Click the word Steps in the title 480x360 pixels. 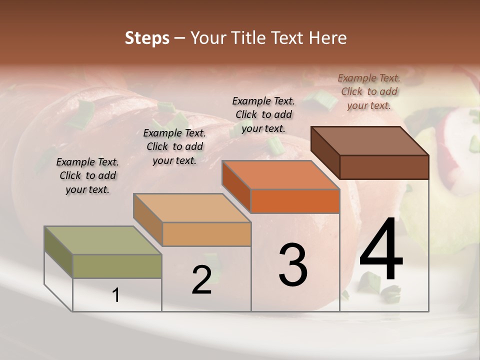(147, 38)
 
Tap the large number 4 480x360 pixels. (381, 251)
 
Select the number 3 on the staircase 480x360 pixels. (293, 265)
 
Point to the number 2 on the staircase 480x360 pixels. (202, 280)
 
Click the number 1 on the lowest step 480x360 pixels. (116, 295)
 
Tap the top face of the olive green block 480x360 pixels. (102, 240)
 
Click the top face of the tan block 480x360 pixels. (191, 207)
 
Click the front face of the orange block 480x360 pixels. (295, 201)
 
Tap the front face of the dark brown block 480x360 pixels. (384, 167)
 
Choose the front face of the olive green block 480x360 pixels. (117, 266)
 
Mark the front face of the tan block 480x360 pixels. (206, 234)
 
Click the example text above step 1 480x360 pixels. (87, 175)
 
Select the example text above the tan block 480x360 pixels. (174, 146)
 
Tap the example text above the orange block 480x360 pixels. (263, 114)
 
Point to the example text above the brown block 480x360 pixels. (369, 91)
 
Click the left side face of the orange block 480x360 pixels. (236, 186)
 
